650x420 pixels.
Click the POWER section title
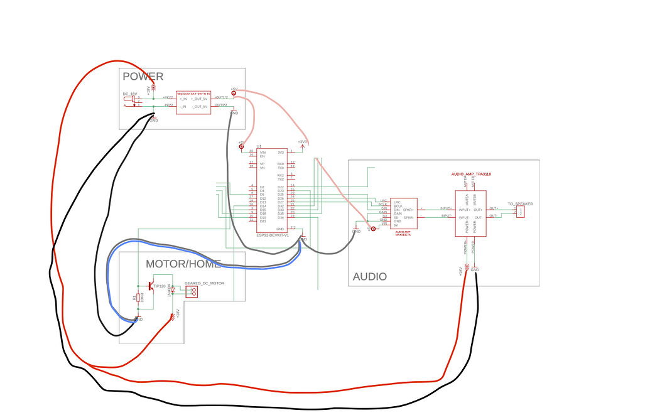(x=143, y=77)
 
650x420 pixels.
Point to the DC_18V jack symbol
(x=130, y=100)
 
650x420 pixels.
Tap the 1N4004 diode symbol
(x=172, y=290)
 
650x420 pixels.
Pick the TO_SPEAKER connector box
(x=521, y=212)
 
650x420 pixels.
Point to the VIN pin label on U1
(x=263, y=152)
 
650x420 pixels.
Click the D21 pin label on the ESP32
(x=263, y=221)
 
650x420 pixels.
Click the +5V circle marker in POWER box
(x=234, y=94)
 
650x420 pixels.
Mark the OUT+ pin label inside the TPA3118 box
(x=479, y=210)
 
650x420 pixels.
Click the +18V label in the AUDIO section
(x=460, y=271)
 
